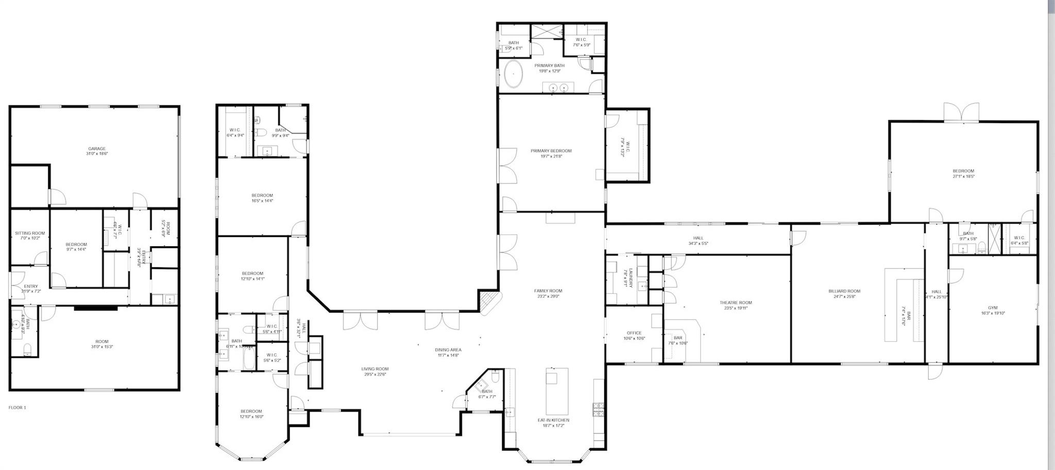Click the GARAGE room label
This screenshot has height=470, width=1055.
[97, 148]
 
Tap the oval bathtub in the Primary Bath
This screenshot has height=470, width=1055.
[513, 74]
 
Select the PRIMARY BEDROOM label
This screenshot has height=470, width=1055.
[551, 151]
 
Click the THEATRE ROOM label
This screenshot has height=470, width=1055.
[736, 303]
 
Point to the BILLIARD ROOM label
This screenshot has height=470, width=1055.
[844, 291]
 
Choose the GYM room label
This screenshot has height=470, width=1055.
[992, 308]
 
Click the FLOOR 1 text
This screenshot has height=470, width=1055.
[17, 408]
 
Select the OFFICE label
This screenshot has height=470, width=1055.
[634, 333]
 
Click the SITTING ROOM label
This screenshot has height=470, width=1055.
[30, 233]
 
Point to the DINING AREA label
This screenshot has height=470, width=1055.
[448, 349]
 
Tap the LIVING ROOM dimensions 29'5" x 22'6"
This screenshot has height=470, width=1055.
[375, 375]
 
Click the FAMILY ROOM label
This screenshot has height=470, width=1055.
[548, 291]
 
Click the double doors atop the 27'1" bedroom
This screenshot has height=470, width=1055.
[961, 112]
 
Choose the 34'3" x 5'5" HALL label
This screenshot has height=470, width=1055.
[698, 238]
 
